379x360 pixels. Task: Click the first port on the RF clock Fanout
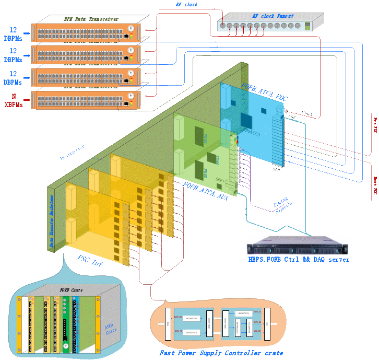pos(223,26)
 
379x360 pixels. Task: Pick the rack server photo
pos(297,246)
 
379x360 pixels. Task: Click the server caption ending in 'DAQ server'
pos(299,260)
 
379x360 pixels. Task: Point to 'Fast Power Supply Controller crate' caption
pos(221,353)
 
